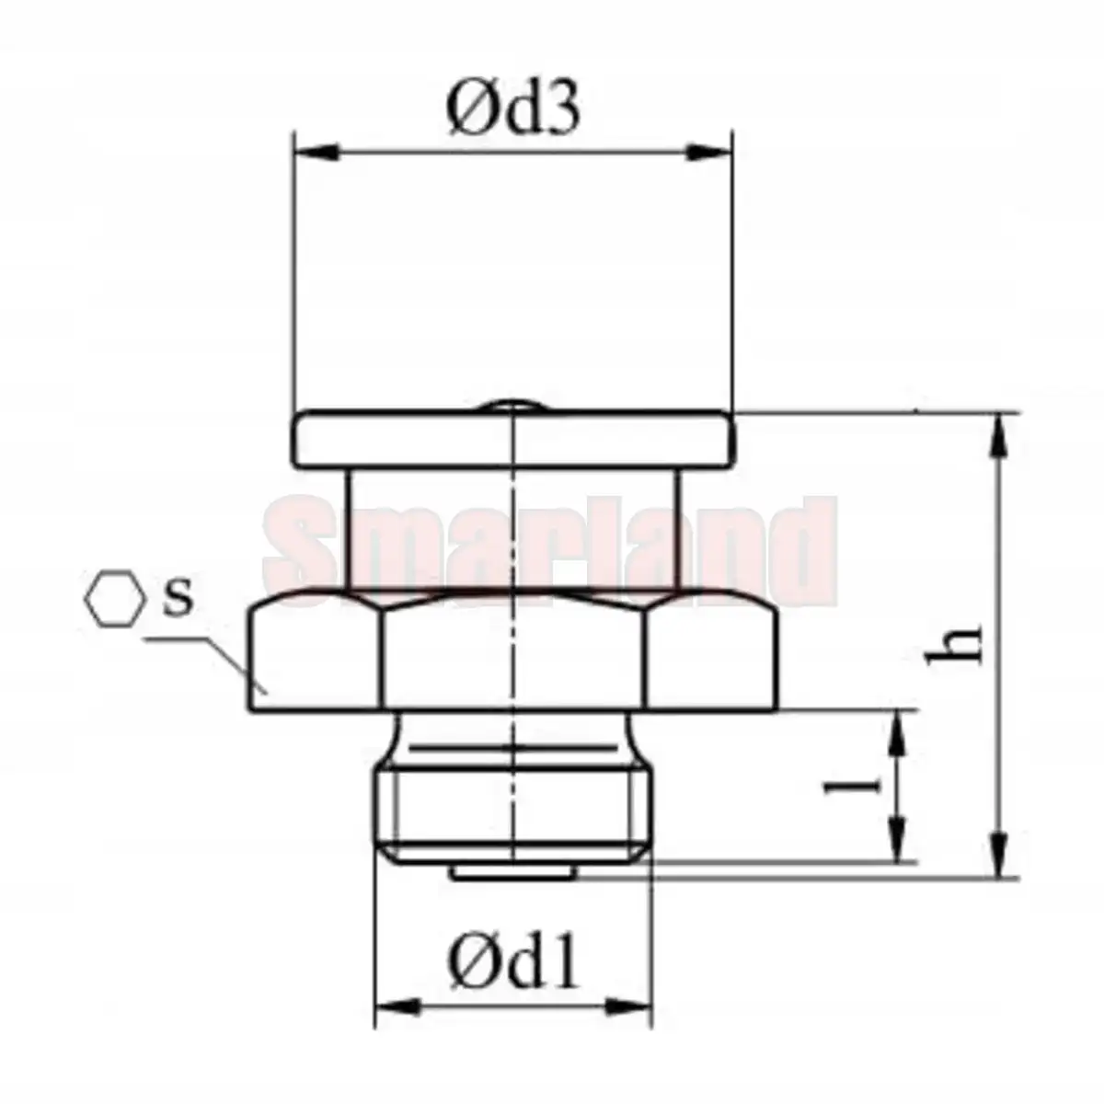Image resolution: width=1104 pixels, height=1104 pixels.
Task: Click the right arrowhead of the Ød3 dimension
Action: coord(711,153)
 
